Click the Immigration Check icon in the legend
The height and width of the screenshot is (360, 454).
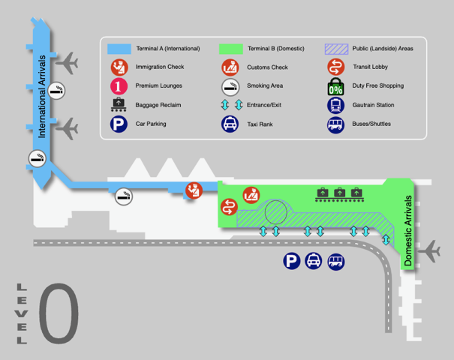[119, 67]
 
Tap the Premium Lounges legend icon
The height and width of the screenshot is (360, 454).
[119, 86]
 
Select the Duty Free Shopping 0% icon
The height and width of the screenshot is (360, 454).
[335, 86]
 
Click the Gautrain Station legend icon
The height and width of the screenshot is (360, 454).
[335, 106]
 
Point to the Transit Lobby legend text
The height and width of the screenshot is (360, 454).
[370, 67]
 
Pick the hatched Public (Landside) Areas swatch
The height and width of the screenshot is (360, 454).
[335, 49]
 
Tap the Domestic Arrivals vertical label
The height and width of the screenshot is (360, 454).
[409, 231]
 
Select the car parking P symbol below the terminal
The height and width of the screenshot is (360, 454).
[291, 261]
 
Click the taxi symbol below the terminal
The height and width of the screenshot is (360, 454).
[314, 261]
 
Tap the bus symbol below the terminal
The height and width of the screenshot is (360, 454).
[336, 261]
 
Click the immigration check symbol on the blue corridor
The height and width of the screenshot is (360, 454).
[194, 190]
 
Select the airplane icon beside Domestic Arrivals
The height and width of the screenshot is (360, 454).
[431, 252]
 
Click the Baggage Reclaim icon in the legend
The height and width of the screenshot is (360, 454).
[119, 105]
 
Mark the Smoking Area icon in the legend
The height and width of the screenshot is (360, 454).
[231, 86]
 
